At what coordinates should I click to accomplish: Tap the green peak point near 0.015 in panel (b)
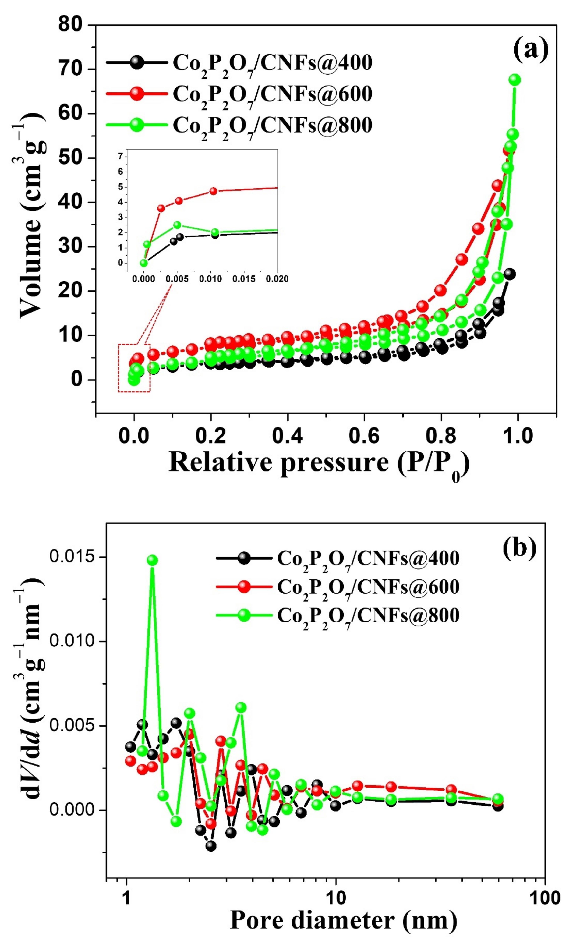(152, 560)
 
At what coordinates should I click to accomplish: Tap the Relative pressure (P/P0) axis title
(318, 463)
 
